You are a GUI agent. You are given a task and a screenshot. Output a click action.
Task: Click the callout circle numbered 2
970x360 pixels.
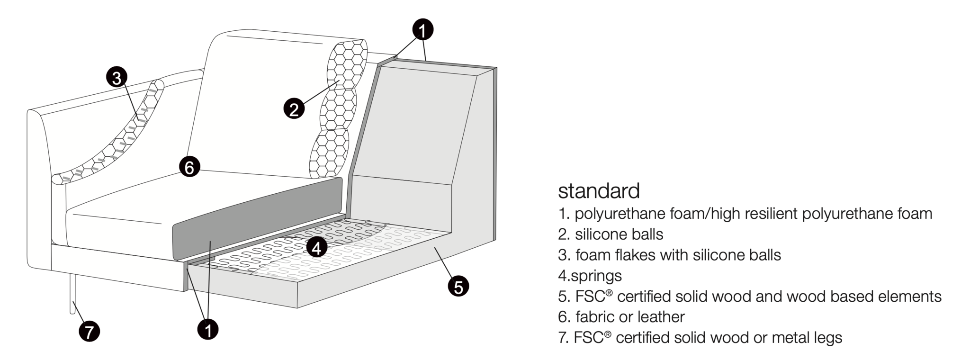(x=294, y=108)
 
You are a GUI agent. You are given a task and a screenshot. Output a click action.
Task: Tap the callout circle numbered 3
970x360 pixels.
(x=117, y=77)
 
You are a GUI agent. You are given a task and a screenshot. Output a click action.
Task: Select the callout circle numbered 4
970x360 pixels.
(x=316, y=247)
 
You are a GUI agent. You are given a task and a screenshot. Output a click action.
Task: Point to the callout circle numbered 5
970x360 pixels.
(x=458, y=286)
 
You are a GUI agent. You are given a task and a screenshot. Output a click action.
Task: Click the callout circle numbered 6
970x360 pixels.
(x=189, y=167)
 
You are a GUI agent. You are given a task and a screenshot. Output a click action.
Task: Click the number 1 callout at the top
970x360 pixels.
(x=423, y=30)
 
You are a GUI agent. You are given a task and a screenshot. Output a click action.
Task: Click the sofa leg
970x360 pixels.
(x=72, y=294)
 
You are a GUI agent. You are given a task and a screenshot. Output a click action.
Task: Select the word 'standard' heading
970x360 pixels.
(x=599, y=191)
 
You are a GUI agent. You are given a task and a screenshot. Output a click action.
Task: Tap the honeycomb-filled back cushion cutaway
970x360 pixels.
(x=339, y=109)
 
